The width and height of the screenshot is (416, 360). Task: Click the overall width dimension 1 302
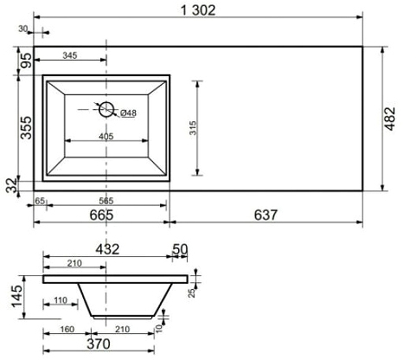click(x=198, y=10)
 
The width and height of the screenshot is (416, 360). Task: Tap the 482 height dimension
click(x=390, y=119)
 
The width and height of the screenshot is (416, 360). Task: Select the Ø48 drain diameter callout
click(x=128, y=112)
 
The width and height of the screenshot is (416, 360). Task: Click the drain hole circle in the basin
click(x=106, y=109)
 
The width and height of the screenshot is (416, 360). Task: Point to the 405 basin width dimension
click(x=106, y=136)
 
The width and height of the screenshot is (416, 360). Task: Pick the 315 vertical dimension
click(x=193, y=128)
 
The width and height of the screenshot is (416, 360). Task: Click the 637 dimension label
click(x=266, y=215)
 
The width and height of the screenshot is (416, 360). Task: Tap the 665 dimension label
click(x=101, y=215)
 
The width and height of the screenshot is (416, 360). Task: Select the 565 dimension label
click(x=106, y=201)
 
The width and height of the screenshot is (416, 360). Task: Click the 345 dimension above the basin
click(x=70, y=55)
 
